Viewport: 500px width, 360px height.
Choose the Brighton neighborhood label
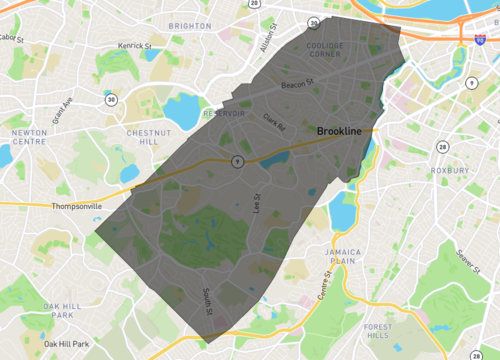tap(189, 26)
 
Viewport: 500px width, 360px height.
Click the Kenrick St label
tap(133, 45)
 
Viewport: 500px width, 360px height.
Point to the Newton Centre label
tap(29, 137)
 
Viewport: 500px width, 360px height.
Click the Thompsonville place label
tap(77, 206)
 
